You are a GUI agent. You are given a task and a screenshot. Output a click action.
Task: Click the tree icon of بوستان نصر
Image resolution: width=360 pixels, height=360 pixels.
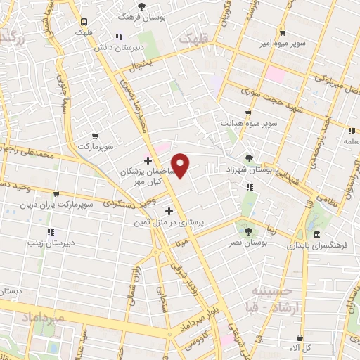point(246,230)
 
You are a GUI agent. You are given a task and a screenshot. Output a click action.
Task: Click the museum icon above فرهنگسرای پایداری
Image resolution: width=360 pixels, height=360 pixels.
point(317,233)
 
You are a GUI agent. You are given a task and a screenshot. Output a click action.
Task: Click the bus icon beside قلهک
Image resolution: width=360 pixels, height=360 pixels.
point(84,22)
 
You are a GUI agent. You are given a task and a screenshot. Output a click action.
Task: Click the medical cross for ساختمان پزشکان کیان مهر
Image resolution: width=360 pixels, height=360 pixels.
point(148,160)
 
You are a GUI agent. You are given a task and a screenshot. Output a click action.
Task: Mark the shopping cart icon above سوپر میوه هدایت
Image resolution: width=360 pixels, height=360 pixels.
point(247,112)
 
